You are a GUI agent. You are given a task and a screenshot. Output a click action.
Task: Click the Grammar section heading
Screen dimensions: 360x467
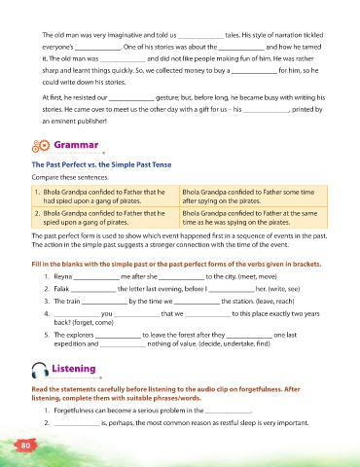[76, 145]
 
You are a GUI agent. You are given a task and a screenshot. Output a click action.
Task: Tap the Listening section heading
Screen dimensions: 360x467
[74, 369]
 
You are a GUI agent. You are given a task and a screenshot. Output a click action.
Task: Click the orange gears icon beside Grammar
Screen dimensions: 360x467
[41, 146]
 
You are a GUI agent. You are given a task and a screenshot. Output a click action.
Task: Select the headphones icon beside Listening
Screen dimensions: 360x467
[40, 370]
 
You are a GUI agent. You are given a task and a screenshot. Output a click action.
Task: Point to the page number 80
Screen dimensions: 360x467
[25, 446]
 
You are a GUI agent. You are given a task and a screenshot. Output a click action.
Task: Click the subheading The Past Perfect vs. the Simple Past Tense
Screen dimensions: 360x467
[101, 164]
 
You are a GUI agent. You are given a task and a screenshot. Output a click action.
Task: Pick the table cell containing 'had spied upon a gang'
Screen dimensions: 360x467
[105, 197]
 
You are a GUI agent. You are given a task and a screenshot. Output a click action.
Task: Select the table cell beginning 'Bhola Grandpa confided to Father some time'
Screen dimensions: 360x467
[253, 197]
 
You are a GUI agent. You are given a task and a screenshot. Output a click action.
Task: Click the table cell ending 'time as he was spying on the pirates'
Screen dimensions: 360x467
[253, 218]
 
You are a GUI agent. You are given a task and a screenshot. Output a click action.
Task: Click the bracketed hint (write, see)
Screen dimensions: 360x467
[284, 289]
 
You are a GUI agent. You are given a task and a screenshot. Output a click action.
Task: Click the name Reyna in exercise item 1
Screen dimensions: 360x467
[63, 276]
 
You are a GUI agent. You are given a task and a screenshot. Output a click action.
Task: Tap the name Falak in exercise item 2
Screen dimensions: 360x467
[61, 289]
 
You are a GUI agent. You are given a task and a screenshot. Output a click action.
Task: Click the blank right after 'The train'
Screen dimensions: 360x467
[104, 304]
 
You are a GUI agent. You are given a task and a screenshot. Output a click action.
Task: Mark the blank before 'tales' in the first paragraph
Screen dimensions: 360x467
[200, 38]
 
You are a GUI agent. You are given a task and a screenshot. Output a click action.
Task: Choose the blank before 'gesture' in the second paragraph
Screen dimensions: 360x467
[131, 100]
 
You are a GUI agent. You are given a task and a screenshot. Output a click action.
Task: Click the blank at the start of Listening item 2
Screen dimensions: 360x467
[77, 425]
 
